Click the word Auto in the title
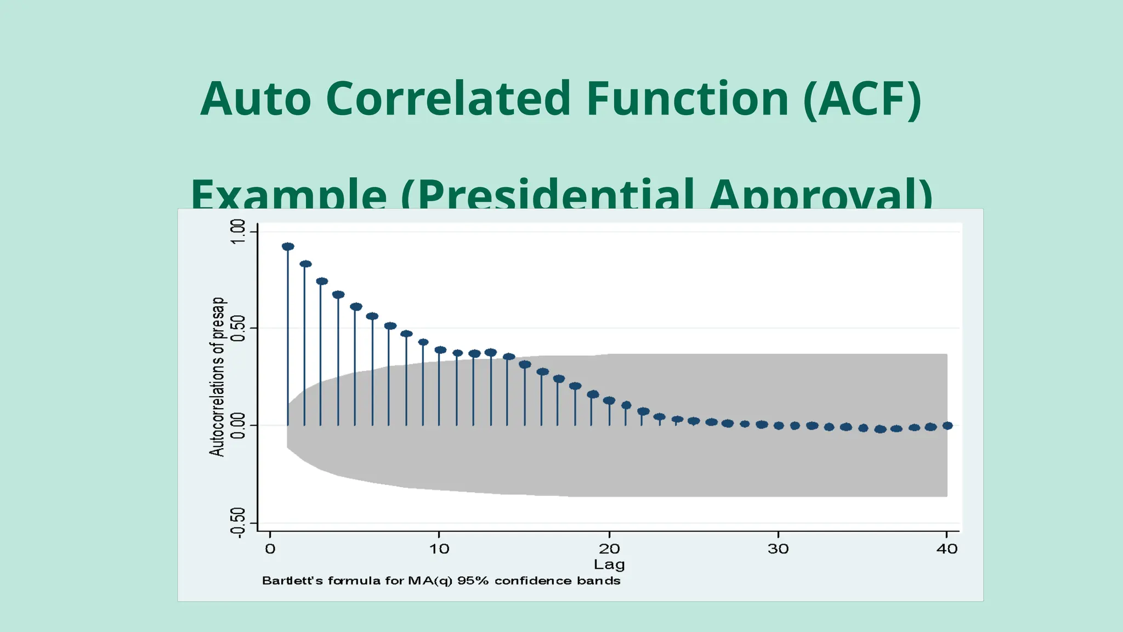point(256,99)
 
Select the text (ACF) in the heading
point(862,99)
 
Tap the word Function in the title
point(687,99)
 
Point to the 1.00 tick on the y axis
point(238,232)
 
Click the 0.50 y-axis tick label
point(238,328)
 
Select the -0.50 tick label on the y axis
point(238,523)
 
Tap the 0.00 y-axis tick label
point(238,426)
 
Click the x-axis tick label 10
point(439,549)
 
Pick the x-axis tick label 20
point(609,549)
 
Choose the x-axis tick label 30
point(778,549)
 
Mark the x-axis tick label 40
point(947,549)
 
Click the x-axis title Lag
point(609,565)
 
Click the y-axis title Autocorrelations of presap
point(217,376)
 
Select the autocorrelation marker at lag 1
point(288,247)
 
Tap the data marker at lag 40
point(948,425)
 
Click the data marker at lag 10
point(440,350)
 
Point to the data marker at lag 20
point(609,400)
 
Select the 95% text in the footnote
point(473,581)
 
